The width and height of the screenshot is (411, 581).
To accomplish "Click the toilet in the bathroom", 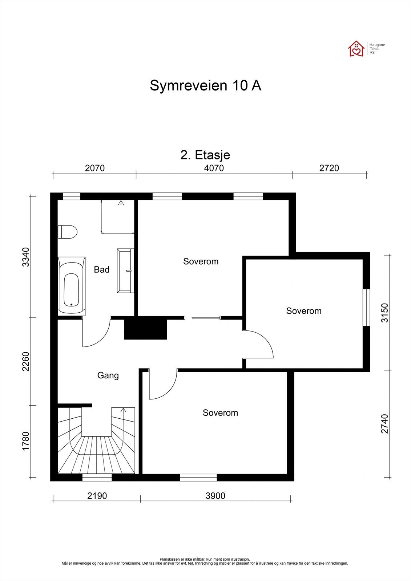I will pyautogui.click(x=68, y=232).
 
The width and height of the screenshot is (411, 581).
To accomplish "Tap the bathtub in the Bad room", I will pyautogui.click(x=72, y=286).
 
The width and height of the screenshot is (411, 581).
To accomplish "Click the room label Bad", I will pyautogui.click(x=101, y=270).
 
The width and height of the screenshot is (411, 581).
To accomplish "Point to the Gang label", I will pyautogui.click(x=108, y=375).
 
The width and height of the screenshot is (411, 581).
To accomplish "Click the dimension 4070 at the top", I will pyautogui.click(x=214, y=168).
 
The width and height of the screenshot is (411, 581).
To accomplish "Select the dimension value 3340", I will pyautogui.click(x=25, y=257).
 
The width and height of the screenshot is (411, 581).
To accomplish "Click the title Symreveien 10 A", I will pyautogui.click(x=205, y=86).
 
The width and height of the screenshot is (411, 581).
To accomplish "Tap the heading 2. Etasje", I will pyautogui.click(x=205, y=155).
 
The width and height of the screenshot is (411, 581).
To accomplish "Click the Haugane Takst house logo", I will pyautogui.click(x=356, y=49).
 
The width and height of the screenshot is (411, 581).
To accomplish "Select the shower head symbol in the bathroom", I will pyautogui.click(x=121, y=203).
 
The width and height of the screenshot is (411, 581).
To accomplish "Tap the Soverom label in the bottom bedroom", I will pyautogui.click(x=220, y=413).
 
